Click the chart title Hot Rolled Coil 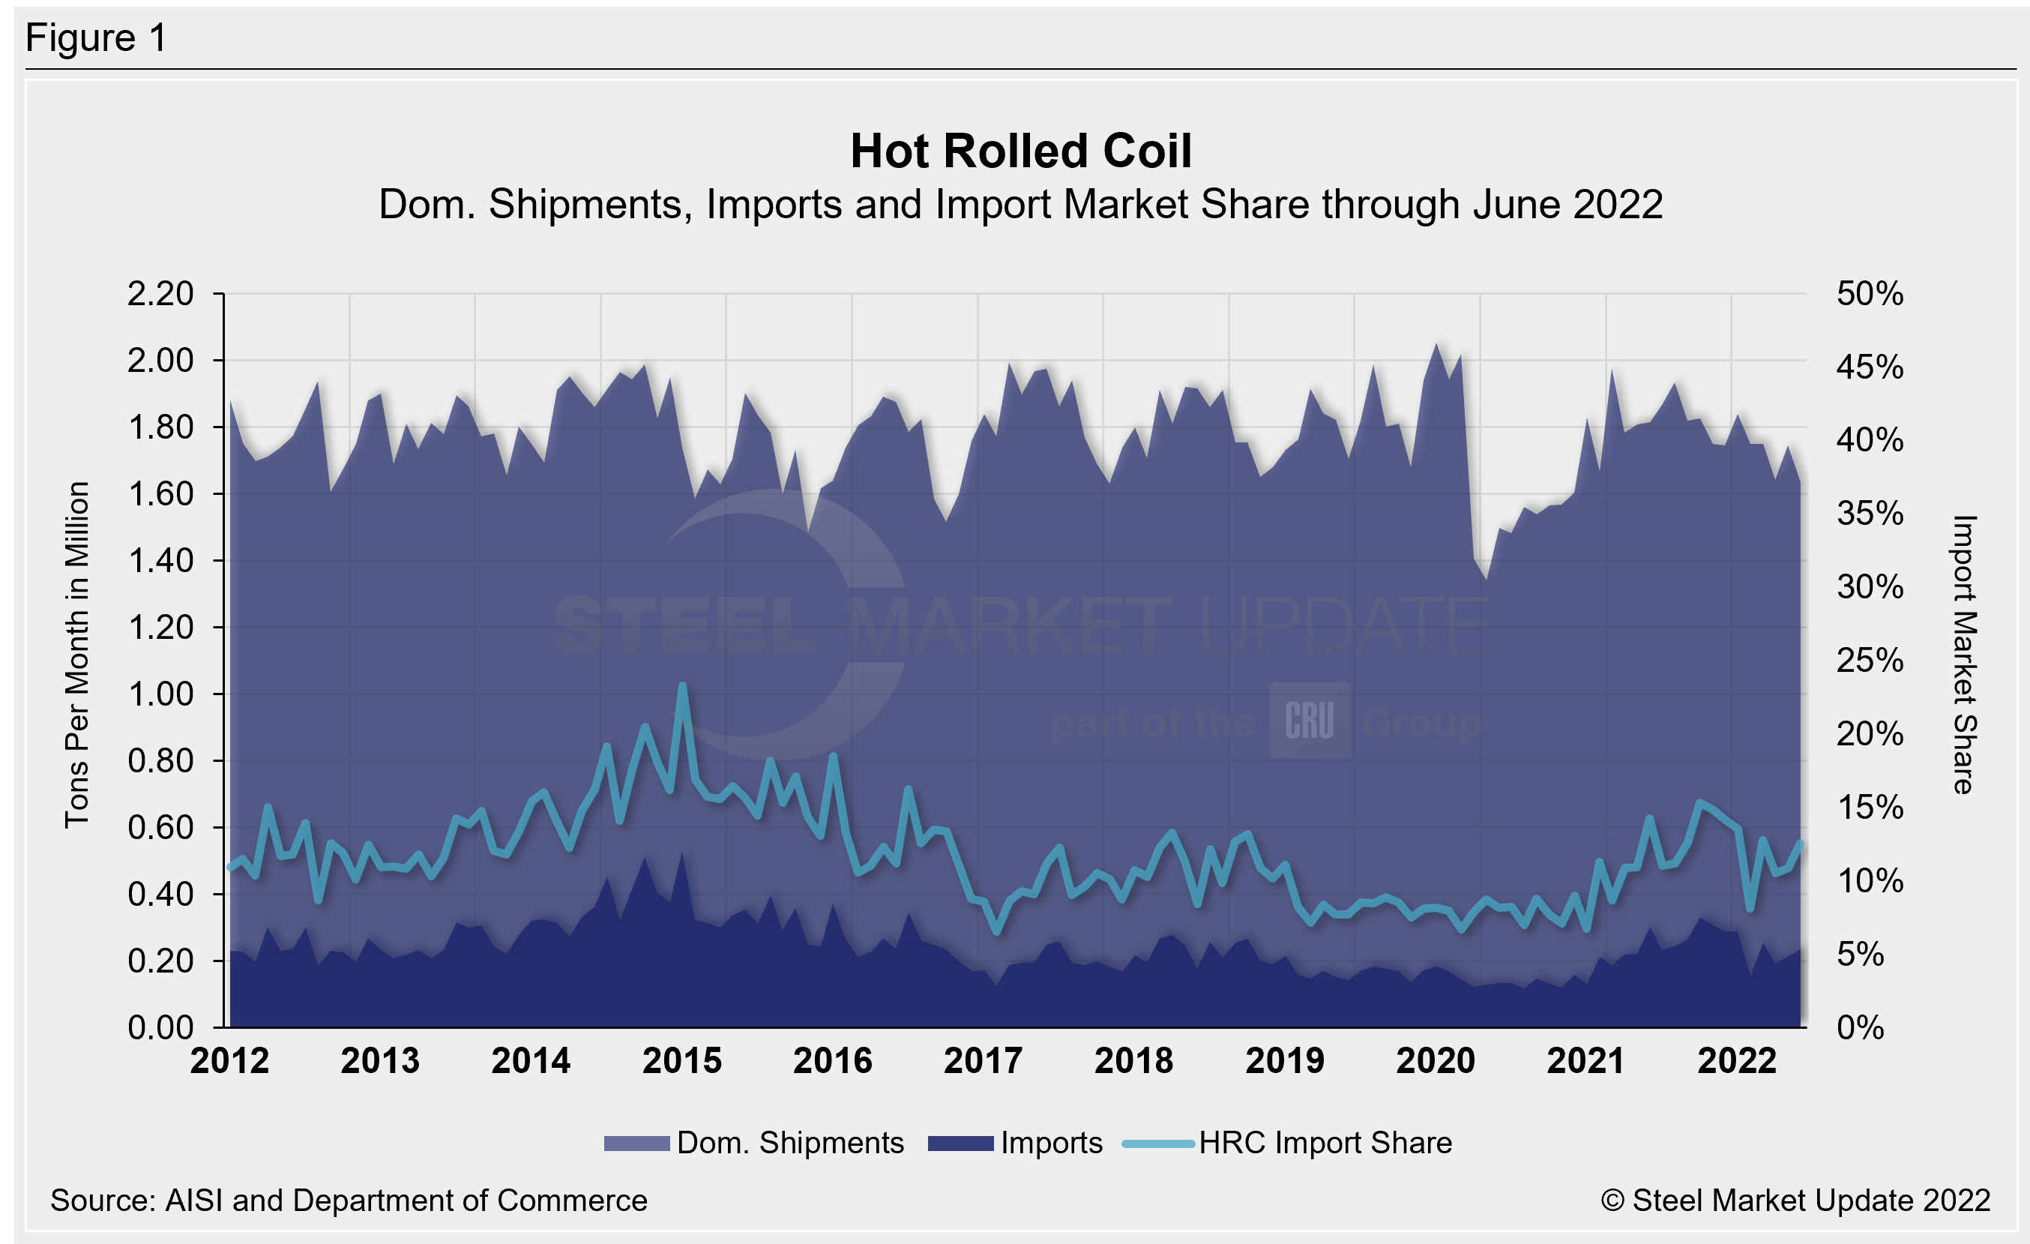pyautogui.click(x=1021, y=151)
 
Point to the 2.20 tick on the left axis pyautogui.click(x=160, y=294)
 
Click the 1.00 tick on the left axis pyautogui.click(x=160, y=694)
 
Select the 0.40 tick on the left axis pyautogui.click(x=160, y=895)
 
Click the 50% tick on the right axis pyautogui.click(x=1870, y=294)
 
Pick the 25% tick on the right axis pyautogui.click(x=1870, y=661)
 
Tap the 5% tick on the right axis pyautogui.click(x=1861, y=955)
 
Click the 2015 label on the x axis pyautogui.click(x=681, y=1061)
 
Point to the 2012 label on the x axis pyautogui.click(x=229, y=1061)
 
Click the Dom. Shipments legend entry pyautogui.click(x=789, y=1144)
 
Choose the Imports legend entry pyautogui.click(x=1050, y=1144)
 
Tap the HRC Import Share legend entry pyautogui.click(x=1325, y=1144)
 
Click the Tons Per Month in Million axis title pyautogui.click(x=76, y=655)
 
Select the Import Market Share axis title pyautogui.click(x=1963, y=655)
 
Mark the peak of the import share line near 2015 pyautogui.click(x=682, y=685)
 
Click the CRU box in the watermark pyautogui.click(x=1309, y=720)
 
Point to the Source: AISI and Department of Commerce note pyautogui.click(x=349, y=1201)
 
